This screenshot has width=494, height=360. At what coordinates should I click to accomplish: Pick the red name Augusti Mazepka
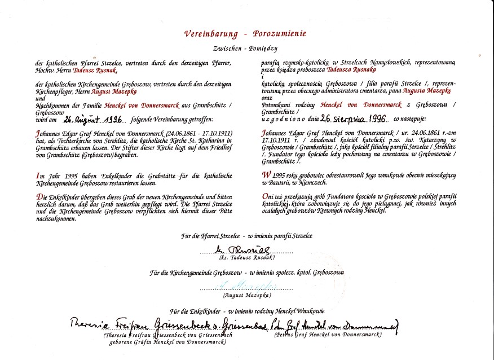pos(113,91)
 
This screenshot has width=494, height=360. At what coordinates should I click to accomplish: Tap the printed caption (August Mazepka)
pos(247,295)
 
